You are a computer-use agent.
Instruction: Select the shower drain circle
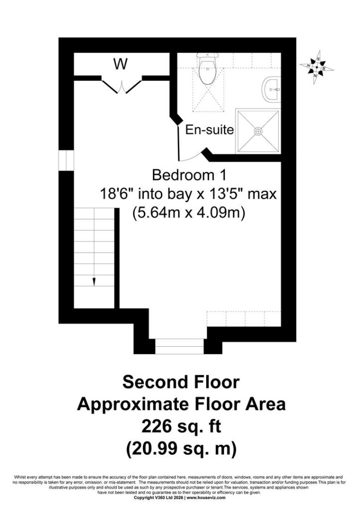click(258, 131)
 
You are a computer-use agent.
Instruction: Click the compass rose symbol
click(317, 67)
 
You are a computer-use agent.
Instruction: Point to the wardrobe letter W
click(120, 64)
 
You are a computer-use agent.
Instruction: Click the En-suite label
click(210, 130)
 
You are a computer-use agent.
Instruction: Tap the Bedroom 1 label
click(189, 175)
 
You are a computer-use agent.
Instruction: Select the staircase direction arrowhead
click(94, 282)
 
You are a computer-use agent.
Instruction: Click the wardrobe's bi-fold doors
click(121, 86)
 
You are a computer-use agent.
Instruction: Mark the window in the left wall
click(66, 160)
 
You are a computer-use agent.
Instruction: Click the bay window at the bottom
click(179, 347)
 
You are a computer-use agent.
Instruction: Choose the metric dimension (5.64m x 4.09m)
click(189, 213)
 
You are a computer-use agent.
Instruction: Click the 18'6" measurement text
click(118, 194)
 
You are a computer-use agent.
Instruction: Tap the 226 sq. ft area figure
click(181, 426)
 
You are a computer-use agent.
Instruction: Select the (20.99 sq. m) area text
click(181, 449)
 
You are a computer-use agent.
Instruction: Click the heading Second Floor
click(181, 382)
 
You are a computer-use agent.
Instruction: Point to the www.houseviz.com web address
click(206, 507)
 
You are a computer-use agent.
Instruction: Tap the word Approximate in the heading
click(133, 404)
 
